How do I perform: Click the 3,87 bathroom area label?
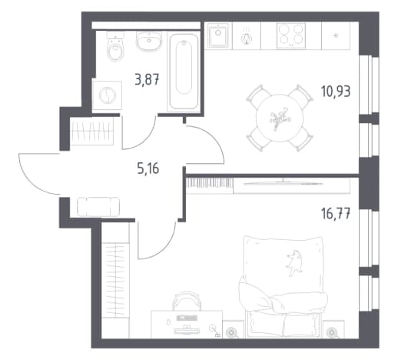click(x=147, y=79)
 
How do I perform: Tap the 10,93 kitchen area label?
click(x=336, y=92)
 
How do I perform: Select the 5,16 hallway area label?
click(x=148, y=168)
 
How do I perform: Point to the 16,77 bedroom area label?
click(x=336, y=214)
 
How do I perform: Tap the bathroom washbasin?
click(x=148, y=41)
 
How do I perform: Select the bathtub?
click(x=184, y=72)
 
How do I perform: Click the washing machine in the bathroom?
click(x=107, y=95)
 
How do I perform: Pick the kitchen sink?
click(x=218, y=35)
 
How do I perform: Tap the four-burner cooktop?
click(x=291, y=35)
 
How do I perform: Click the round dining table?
click(x=280, y=118)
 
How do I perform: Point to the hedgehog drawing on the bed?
click(x=294, y=262)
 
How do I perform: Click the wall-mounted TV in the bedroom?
click(x=283, y=183)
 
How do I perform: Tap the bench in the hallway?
click(x=98, y=207)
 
